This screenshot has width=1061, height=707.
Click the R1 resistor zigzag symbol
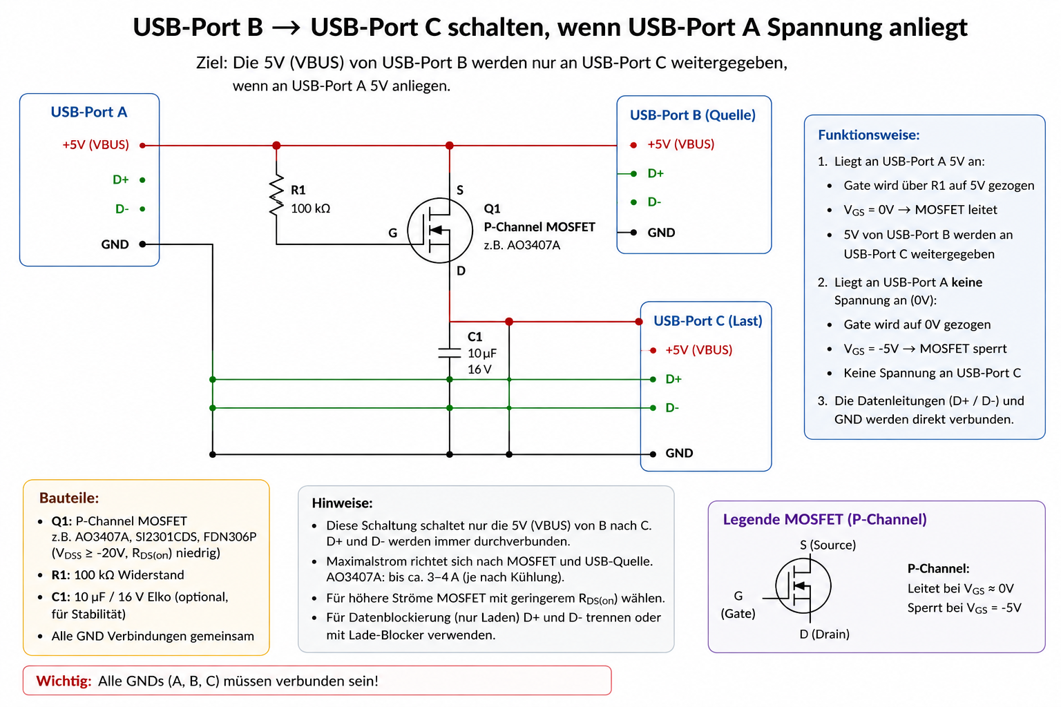276,195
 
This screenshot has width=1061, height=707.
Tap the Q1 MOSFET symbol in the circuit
439,231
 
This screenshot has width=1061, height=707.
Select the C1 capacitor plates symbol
449,353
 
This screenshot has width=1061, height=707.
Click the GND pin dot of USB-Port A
142,244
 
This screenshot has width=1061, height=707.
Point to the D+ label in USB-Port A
121,180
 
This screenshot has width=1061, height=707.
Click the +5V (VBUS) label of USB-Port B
680,144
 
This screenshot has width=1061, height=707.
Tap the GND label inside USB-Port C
679,453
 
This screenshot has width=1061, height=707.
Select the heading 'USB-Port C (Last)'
707,321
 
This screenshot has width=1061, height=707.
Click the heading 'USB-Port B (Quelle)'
693,115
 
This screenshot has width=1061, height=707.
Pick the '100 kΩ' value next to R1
310,209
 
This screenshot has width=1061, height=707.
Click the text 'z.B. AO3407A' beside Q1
522,245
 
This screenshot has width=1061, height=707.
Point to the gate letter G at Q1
392,233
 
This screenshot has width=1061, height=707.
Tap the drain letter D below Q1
461,271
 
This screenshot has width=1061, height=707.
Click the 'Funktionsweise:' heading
869,135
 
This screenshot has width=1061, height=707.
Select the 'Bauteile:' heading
69,498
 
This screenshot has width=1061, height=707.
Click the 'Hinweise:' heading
342,503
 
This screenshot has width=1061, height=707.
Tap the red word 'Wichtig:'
64,681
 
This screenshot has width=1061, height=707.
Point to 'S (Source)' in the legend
828,545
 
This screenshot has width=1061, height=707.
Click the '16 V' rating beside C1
479,369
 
